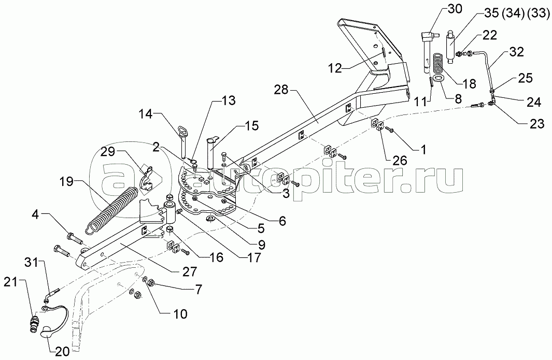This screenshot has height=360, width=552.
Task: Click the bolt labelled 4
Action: pos(75,239)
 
